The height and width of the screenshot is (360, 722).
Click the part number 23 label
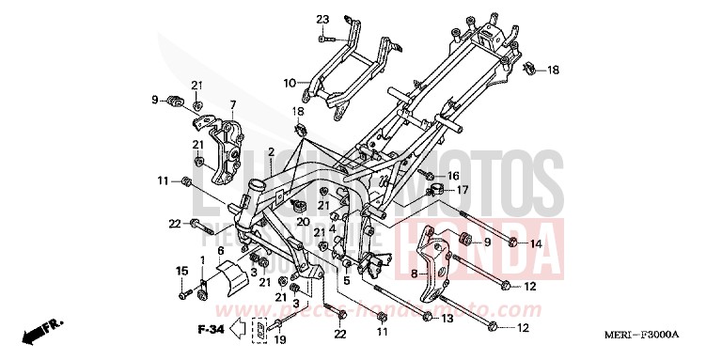pyautogui.click(x=322, y=20)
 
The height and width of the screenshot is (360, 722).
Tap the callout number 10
pyautogui.click(x=289, y=81)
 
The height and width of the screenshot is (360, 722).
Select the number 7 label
pyautogui.click(x=232, y=104)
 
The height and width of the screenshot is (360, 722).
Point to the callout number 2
pyautogui.click(x=270, y=152)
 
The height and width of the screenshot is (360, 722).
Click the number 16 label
pyautogui.click(x=452, y=175)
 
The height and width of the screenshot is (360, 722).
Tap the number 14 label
pyautogui.click(x=536, y=244)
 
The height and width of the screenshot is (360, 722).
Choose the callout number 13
pyautogui.click(x=447, y=319)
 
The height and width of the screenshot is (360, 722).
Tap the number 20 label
pyautogui.click(x=303, y=222)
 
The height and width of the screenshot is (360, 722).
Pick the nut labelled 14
pyautogui.click(x=512, y=244)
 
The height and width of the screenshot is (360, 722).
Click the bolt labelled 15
pyautogui.click(x=181, y=295)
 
